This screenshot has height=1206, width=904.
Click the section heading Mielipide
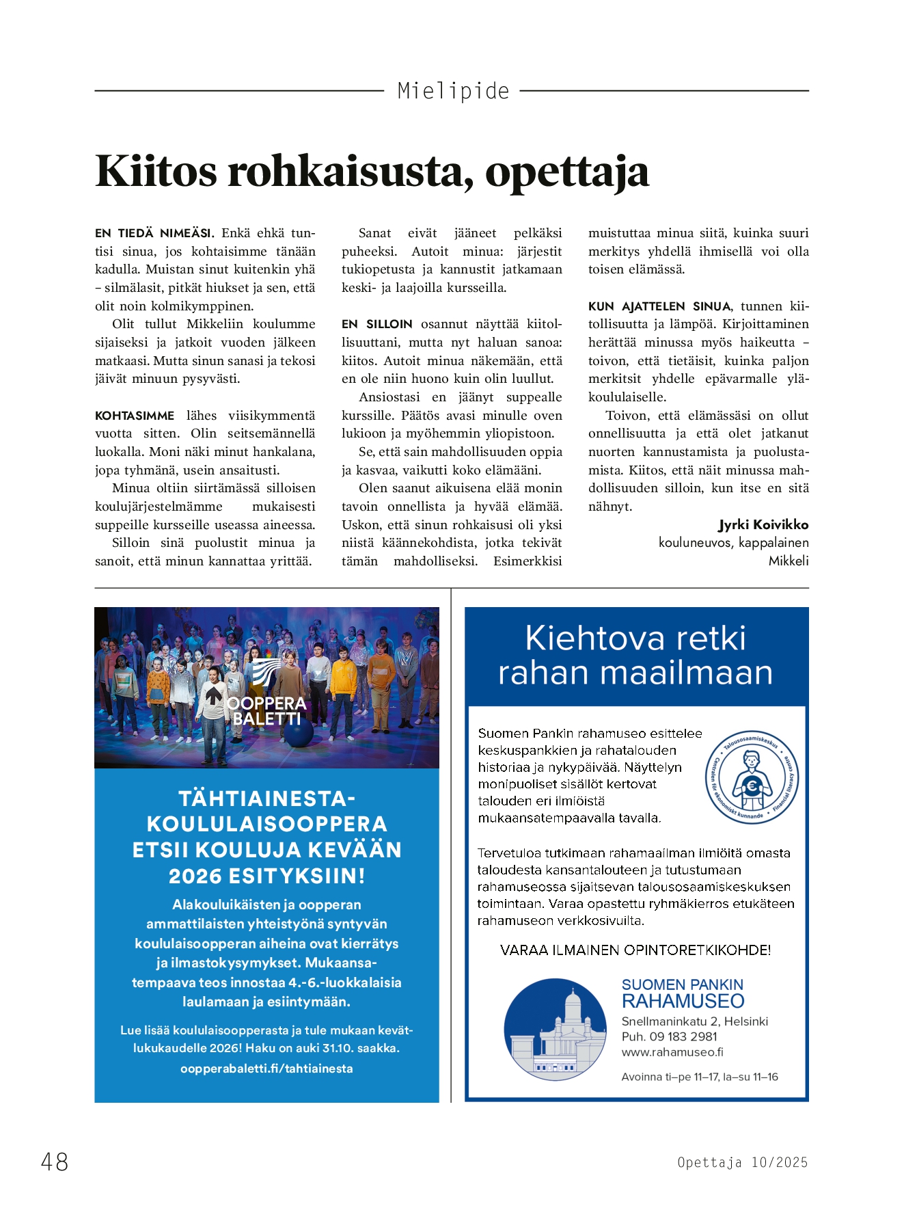453,91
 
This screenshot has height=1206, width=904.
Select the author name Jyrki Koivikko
763,525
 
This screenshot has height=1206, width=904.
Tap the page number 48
55,1162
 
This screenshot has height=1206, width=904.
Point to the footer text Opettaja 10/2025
742,1162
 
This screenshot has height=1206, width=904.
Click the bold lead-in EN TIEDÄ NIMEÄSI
154,233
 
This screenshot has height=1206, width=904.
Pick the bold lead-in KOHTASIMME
135,416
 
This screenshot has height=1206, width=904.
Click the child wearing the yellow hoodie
344,677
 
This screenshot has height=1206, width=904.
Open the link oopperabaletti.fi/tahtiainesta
266,1069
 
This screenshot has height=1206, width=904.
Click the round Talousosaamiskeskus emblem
752,777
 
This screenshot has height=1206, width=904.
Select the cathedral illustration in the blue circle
555,1030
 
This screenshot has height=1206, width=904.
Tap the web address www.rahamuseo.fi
672,1053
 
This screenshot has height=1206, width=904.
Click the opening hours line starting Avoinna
699,1077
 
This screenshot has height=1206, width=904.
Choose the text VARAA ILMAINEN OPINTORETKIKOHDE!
635,950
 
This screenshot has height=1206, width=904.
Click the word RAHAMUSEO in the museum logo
683,1002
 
